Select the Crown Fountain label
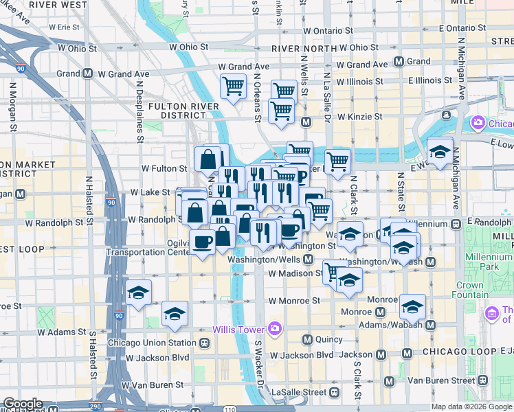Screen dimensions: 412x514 tap(469, 290)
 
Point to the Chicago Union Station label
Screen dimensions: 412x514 tap(152, 343)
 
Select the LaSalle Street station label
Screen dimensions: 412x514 tap(298, 392)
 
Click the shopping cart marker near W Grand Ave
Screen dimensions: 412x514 tap(233, 87)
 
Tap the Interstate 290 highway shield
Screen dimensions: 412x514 tap(95, 406)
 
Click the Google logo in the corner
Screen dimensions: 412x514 tap(23, 404)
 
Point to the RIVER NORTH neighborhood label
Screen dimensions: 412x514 tap(300, 49)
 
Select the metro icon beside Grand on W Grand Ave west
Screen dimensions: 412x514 tap(88, 73)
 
